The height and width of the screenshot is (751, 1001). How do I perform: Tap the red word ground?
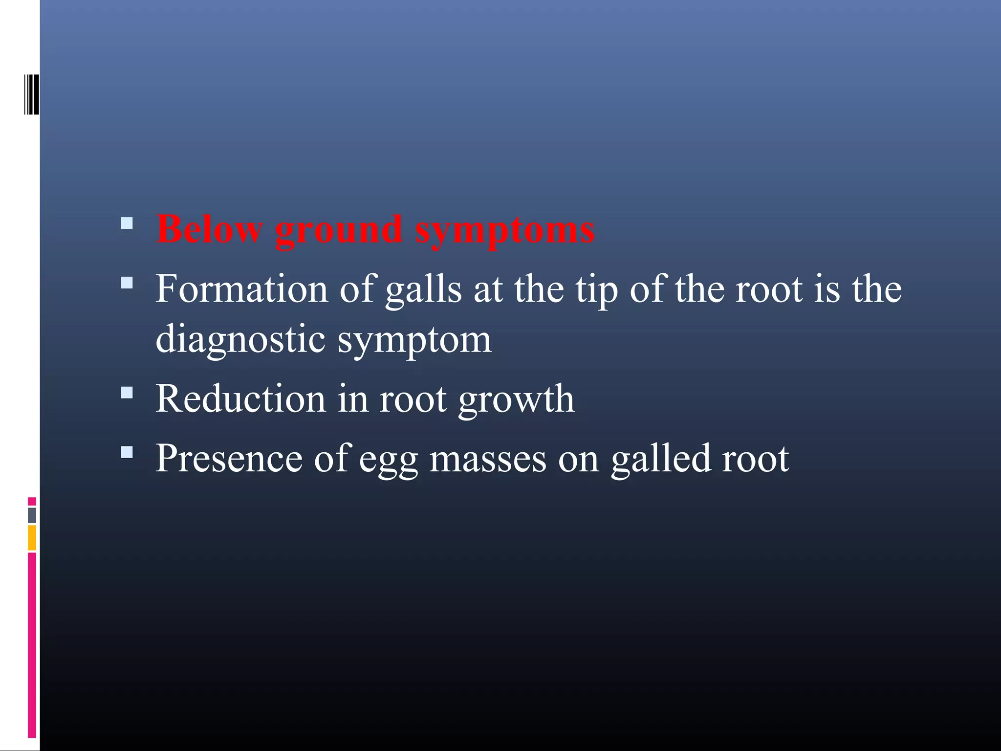(x=339, y=231)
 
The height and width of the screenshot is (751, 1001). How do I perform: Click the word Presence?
(x=229, y=458)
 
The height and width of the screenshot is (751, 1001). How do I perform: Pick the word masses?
(x=488, y=459)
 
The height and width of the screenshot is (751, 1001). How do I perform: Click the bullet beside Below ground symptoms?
(x=127, y=224)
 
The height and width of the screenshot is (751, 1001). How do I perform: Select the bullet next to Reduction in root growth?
(x=127, y=393)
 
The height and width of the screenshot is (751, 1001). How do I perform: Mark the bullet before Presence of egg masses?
(x=127, y=452)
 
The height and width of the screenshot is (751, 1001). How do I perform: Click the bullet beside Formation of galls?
(x=127, y=283)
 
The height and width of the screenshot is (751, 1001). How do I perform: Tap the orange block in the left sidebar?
(x=32, y=537)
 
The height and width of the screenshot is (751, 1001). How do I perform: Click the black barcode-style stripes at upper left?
(x=32, y=94)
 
